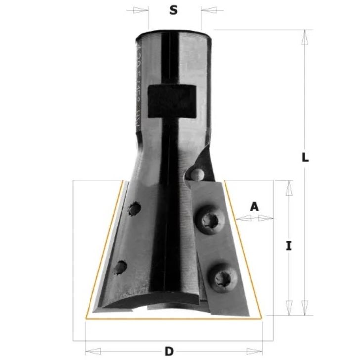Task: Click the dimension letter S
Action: (173, 10)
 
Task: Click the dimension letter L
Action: (305, 158)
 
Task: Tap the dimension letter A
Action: (254, 206)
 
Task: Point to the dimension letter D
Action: (169, 352)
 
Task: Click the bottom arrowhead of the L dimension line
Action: (305, 310)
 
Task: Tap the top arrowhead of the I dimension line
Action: (288, 187)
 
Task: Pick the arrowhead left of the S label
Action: (142, 9)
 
